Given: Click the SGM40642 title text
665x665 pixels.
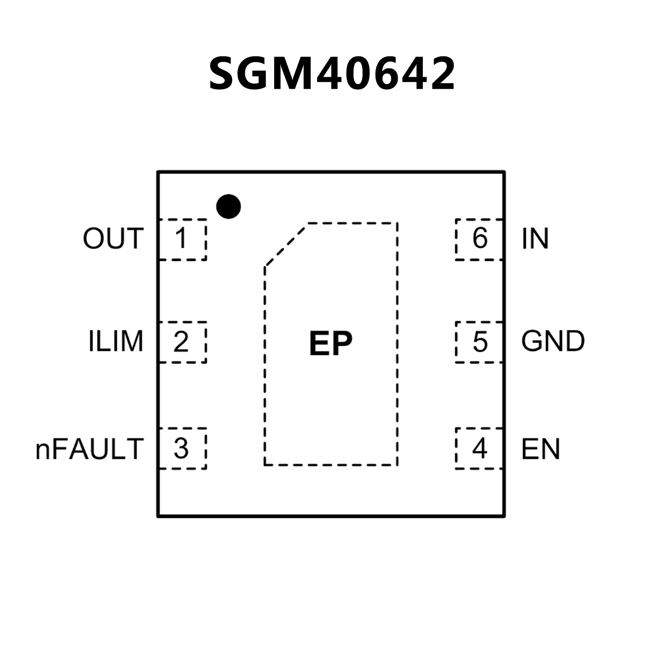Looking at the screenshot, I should [332, 74].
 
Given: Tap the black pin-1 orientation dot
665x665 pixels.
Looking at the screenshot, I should [228, 206].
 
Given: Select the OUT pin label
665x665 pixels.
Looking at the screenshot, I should [113, 238].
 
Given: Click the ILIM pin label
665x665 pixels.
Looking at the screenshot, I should [116, 341].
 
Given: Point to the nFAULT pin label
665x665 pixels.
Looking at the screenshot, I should [89, 449].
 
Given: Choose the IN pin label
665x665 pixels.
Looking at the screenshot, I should [535, 238].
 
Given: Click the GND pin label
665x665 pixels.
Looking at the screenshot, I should [553, 341].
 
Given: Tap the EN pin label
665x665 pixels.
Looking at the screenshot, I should [540, 449].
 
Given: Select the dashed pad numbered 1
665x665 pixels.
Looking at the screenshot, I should [182, 239].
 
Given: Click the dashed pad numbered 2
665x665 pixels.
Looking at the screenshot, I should [182, 342].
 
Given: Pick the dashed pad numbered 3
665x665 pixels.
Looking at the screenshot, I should [182, 448].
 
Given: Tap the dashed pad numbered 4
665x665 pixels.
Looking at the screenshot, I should [479, 448].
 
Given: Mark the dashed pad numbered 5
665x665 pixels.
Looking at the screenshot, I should [479, 342].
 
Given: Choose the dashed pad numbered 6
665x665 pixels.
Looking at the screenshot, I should [479, 239].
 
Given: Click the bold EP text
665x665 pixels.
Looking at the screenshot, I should [331, 344].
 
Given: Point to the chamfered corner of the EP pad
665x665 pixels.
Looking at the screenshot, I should [286, 244].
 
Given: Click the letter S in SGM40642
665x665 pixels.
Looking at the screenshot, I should [225, 74].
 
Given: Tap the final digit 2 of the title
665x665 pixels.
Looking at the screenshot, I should [440, 74].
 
